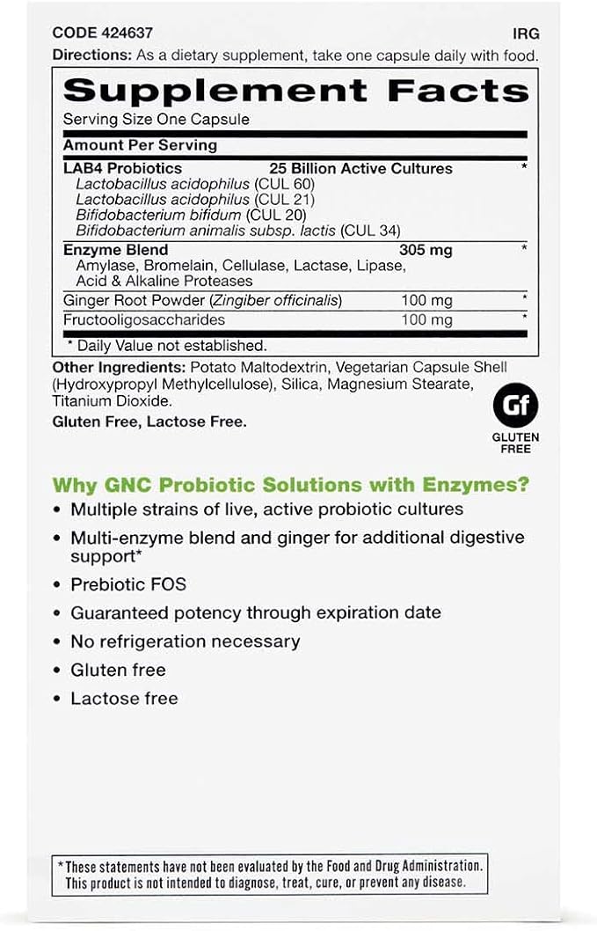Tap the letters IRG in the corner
pyautogui.click(x=526, y=34)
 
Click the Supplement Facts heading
pyautogui.click(x=295, y=91)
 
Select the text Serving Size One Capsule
pyautogui.click(x=157, y=119)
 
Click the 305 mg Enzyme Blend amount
pyautogui.click(x=426, y=250)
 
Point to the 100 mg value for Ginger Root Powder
pyautogui.click(x=426, y=300)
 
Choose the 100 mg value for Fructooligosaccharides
pyautogui.click(x=426, y=319)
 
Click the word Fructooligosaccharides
pyautogui.click(x=144, y=319)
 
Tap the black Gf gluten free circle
pyautogui.click(x=516, y=407)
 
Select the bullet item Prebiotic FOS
pyautogui.click(x=128, y=584)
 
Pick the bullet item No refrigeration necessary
pyautogui.click(x=185, y=641)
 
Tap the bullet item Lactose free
pyautogui.click(x=124, y=699)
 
